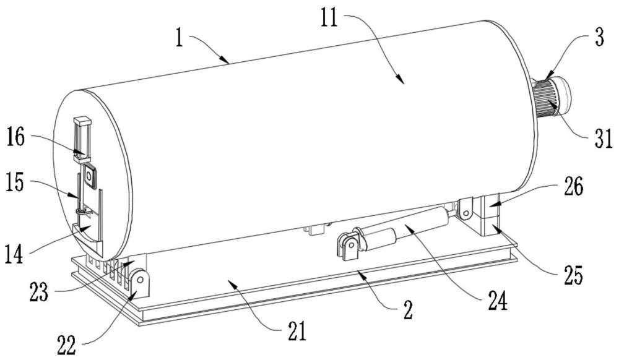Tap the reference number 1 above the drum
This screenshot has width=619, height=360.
(x=180, y=38)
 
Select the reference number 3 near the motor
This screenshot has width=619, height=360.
(x=599, y=38)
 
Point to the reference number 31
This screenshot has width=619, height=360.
(x=603, y=139)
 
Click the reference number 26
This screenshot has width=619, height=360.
(x=573, y=187)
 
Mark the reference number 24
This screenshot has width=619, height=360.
(x=497, y=302)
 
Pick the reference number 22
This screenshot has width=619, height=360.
(x=67, y=346)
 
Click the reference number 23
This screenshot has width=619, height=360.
(x=38, y=293)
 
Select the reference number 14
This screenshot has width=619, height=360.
(x=14, y=254)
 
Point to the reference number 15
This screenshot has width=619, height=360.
(x=15, y=183)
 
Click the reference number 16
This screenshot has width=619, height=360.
(x=15, y=138)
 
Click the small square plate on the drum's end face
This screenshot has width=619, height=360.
(x=89, y=176)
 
